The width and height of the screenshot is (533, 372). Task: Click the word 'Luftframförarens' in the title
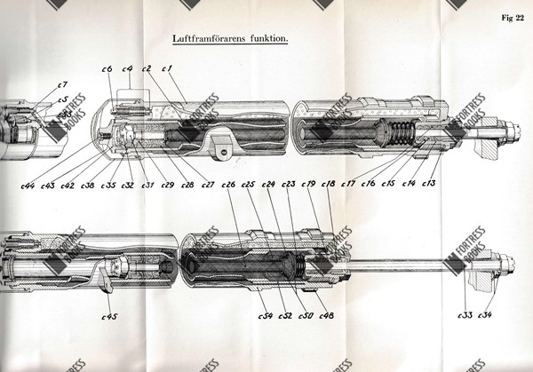[212, 38]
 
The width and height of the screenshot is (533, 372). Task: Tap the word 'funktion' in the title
[267, 38]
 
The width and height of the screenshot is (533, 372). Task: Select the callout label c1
[166, 68]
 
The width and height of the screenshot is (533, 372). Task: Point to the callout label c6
[106, 68]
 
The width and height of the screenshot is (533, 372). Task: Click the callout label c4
[127, 68]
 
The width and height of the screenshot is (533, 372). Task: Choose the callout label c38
[87, 185]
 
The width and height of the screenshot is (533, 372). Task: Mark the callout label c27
[207, 185]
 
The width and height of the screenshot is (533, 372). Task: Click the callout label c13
[429, 184]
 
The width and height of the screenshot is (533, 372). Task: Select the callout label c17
[348, 184]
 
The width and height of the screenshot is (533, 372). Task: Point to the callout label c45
[109, 315]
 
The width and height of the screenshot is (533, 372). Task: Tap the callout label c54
[265, 315]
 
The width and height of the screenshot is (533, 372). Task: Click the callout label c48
[325, 315]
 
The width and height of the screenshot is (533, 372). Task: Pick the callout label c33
[464, 315]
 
